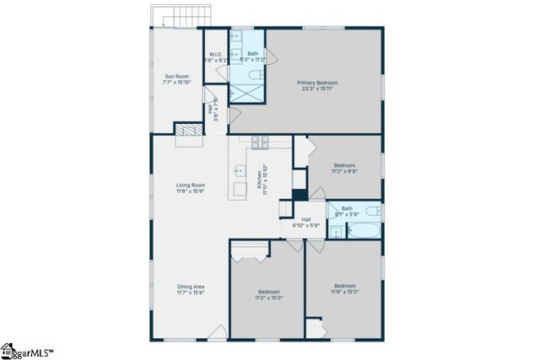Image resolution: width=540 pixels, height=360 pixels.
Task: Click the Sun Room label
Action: coord(177,77)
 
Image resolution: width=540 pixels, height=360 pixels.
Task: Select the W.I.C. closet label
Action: coord(215,56)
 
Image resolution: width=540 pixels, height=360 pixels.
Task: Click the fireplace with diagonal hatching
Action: coord(187,129)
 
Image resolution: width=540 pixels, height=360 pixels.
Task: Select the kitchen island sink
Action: coord(238,169)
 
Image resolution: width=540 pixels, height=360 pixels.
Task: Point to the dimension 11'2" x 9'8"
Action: coord(346,170)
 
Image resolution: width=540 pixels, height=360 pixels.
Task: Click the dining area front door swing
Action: coord(218,332)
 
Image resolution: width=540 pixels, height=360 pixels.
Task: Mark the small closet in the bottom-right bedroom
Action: coord(314,327)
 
